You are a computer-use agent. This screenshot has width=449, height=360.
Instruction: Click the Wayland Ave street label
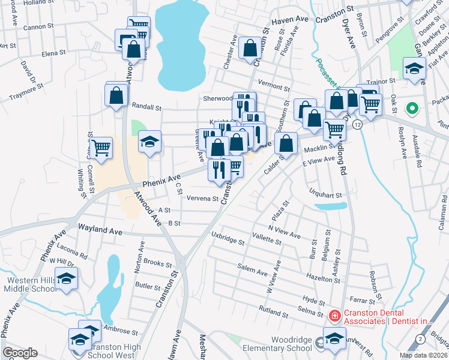pos(100,230)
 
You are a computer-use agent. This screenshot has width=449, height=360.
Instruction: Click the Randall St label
pos(147,107)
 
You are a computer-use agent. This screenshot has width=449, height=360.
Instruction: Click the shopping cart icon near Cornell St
pos(101,146)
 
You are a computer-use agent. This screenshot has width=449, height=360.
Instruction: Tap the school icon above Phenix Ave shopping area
pos(149,142)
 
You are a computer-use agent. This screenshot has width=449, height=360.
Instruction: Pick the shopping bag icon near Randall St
pos(116,95)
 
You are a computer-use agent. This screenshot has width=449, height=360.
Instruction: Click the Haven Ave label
pos(289,20)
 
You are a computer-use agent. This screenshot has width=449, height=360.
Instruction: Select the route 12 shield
pos(358,124)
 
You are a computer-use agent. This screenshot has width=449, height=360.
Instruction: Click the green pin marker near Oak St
pos(412,109)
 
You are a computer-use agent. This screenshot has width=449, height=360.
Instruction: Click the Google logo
pos(20,353)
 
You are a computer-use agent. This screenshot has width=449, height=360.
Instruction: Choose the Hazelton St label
pos(324,279)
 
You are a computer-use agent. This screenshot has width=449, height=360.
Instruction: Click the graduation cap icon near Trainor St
pos(414,68)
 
